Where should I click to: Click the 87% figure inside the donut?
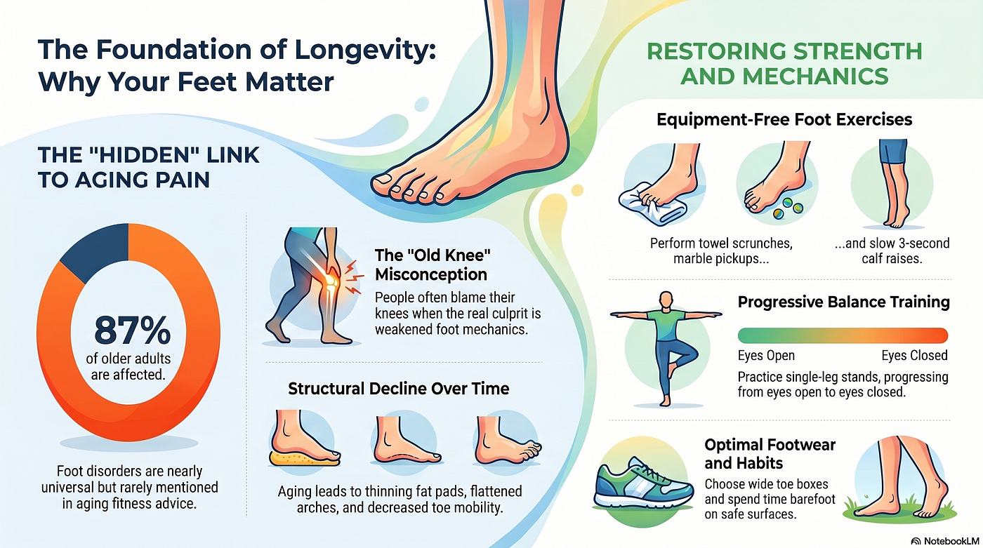click(x=132, y=330)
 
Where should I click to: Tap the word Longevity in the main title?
click(x=365, y=50)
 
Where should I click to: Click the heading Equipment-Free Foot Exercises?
click(x=784, y=119)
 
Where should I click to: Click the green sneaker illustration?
click(x=643, y=484)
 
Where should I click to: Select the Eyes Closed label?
click(x=914, y=355)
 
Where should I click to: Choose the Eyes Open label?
click(x=766, y=355)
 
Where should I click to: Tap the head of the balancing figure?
click(x=666, y=300)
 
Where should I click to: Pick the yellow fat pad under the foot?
click(x=303, y=459)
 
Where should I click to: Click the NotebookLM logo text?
click(x=951, y=541)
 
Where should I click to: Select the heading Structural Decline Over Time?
click(x=399, y=389)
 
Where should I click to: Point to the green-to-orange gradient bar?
click(x=843, y=335)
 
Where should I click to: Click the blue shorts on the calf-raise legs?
click(x=892, y=152)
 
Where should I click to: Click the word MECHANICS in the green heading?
click(x=785, y=76)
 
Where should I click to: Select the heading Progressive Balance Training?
click(x=843, y=302)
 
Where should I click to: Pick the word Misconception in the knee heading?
click(x=431, y=274)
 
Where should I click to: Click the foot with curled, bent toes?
click(x=507, y=442)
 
